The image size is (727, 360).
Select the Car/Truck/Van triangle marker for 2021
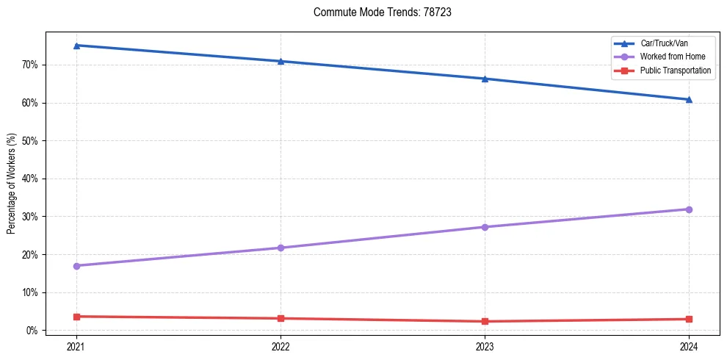pos(76,46)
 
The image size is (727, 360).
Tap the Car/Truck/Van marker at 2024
pos(689,99)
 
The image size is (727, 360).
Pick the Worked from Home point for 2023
pos(485,227)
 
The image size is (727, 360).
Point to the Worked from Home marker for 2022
pos(281,248)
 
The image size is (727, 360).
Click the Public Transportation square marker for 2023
pos(485,321)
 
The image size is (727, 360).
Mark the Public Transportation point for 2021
pos(76,317)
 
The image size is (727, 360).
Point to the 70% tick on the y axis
pos(30,65)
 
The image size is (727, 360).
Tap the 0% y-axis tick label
pos(32,331)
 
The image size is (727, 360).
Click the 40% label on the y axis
pos(30,179)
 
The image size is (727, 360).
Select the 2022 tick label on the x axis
pos(281,345)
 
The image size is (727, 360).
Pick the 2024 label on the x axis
pos(689,345)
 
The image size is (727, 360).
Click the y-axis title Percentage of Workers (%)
pos(12,183)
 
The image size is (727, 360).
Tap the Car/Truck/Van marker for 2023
pos(485,79)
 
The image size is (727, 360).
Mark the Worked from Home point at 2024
pos(689,209)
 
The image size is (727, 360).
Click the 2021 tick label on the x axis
pos(76,345)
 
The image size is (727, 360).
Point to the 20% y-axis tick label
pos(30,255)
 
